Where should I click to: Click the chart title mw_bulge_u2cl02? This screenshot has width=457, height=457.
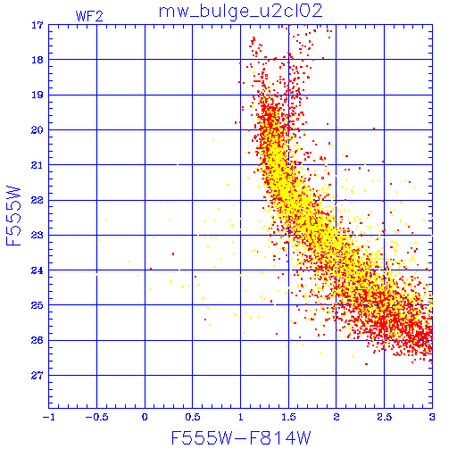click(240, 12)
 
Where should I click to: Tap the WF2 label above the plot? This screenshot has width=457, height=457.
click(89, 16)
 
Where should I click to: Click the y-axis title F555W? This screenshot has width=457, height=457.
click(13, 216)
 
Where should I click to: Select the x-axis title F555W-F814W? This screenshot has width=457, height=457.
click(241, 437)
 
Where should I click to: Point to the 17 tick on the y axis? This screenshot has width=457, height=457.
click(37, 25)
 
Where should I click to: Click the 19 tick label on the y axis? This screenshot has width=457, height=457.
click(37, 96)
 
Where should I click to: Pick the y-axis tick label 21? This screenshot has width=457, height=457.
click(37, 165)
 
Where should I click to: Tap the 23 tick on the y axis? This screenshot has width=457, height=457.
click(37, 236)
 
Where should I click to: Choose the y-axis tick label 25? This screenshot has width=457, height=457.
click(37, 305)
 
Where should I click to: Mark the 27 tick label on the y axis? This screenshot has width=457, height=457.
click(37, 376)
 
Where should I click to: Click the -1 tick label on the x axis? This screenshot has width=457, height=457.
click(49, 417)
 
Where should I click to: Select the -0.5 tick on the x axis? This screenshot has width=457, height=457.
click(96, 417)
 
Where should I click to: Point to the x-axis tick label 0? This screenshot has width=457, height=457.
click(145, 417)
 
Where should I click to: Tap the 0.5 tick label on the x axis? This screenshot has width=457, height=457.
click(193, 417)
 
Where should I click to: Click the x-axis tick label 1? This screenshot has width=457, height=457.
click(241, 417)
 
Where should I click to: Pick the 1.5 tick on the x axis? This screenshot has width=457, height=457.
click(288, 417)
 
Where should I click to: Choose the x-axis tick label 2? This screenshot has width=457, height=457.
click(337, 417)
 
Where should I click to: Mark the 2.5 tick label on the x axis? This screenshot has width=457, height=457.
click(385, 417)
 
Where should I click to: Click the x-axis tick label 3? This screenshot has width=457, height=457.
click(432, 417)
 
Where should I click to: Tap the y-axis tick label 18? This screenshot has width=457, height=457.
click(37, 60)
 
